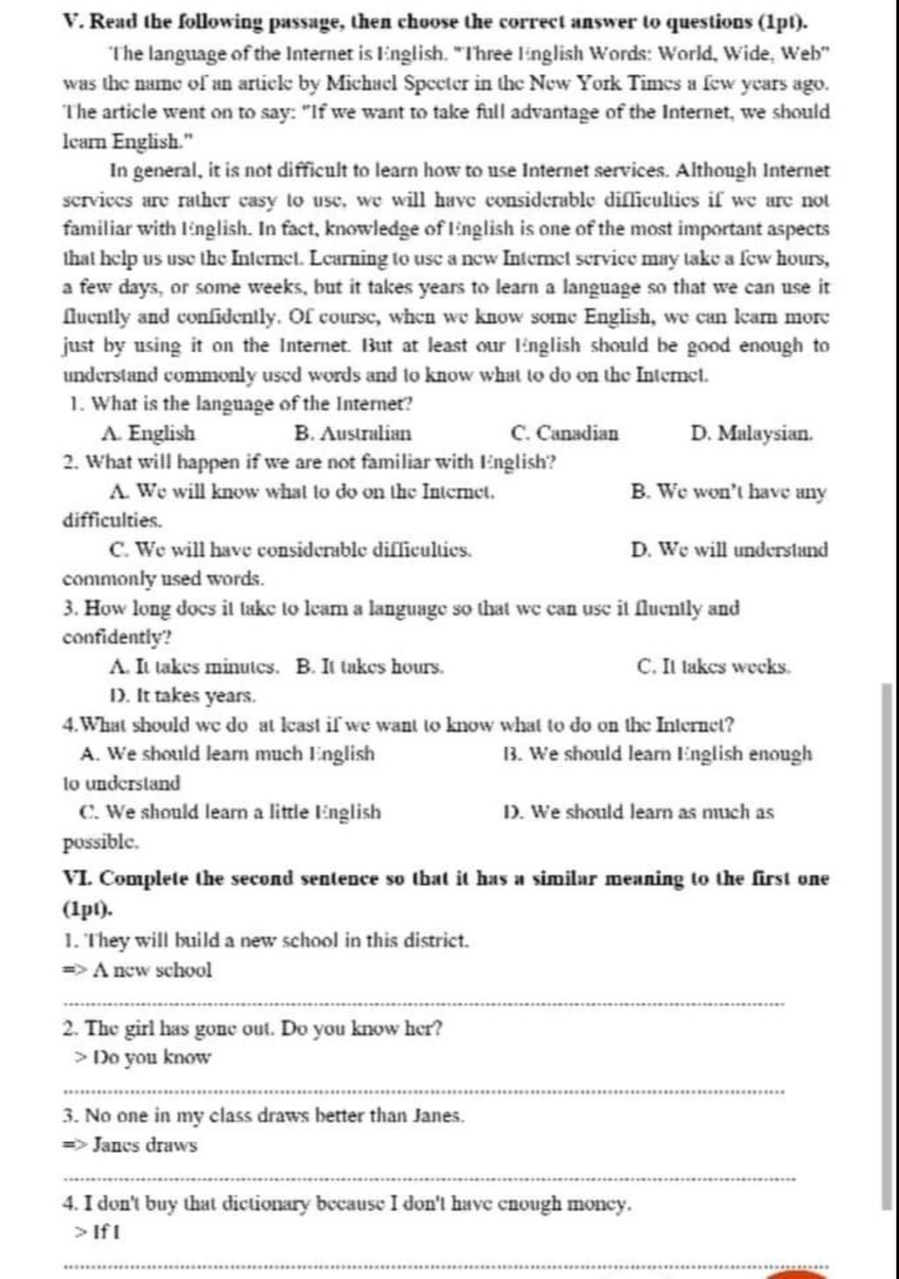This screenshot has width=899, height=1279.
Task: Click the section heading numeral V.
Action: pos(73,19)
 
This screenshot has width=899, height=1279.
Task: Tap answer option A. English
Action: pos(148,434)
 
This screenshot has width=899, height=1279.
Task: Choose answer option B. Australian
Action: pos(353,434)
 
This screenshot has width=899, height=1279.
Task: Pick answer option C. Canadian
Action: pos(564,434)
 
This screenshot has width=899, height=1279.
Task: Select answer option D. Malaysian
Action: pos(752,434)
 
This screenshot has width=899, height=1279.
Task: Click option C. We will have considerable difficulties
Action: pos(291,550)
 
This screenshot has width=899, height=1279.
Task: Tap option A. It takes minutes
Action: pos(196,667)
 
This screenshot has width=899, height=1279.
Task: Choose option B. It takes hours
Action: pos(370,667)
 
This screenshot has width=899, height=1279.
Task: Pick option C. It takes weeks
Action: pos(714,667)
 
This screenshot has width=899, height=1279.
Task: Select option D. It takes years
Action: pos(183,696)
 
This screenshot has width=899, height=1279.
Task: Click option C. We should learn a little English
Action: pos(230,812)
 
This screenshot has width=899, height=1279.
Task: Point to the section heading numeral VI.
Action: pos(77,879)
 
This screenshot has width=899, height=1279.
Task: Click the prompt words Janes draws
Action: pos(145,1146)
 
